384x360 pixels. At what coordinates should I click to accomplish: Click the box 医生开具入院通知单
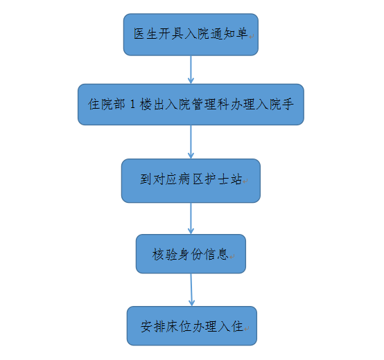[191, 35]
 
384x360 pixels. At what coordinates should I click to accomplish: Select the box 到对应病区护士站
[191, 181]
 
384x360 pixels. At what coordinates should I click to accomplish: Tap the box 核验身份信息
[191, 254]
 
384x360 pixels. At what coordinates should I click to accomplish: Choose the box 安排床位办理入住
[192, 326]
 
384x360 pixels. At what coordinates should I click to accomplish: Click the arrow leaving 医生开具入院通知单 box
[191, 70]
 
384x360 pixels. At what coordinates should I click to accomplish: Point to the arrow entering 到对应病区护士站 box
[191, 142]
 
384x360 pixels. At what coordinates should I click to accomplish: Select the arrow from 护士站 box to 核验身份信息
[191, 218]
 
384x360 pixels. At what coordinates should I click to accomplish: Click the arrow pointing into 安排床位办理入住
[191, 290]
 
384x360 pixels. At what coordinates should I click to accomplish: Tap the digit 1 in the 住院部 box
[132, 105]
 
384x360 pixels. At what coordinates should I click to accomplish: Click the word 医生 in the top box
[146, 33]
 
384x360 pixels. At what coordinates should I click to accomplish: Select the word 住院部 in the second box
[107, 104]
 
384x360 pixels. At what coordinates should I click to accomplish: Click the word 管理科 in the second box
[209, 104]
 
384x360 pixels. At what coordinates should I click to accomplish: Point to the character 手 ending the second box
[288, 104]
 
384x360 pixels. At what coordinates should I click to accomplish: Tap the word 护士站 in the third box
[223, 179]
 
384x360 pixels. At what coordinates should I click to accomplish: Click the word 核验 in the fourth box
[164, 254]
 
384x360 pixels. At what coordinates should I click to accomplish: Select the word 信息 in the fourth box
[216, 254]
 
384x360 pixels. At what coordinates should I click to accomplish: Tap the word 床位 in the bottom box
[178, 326]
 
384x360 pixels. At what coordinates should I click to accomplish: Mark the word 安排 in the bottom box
[152, 326]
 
